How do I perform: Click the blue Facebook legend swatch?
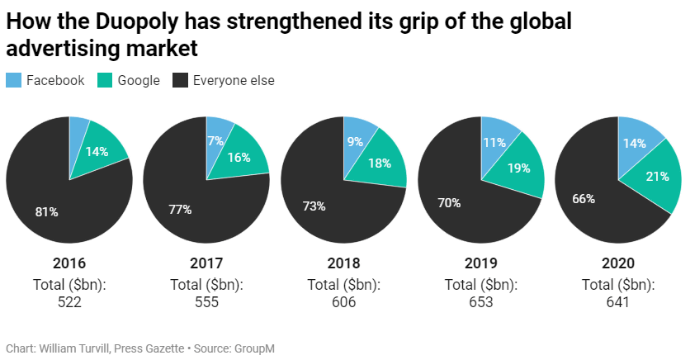coord(14,80)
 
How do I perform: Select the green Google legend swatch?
coord(105,80)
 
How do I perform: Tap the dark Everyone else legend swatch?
coord(180,80)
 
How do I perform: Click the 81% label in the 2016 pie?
coord(46,211)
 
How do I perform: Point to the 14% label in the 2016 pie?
coord(97,152)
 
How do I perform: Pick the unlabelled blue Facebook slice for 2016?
coord(78,132)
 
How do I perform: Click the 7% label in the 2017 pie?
coord(215,141)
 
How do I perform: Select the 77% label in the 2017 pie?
coord(181,210)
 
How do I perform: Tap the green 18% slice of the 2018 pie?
coord(381,163)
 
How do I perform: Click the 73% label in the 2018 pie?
coord(314,206)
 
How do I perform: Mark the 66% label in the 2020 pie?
coord(584,198)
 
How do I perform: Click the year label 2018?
coord(343,264)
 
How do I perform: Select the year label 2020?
coord(618,264)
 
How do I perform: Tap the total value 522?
coord(69,302)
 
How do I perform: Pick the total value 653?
coord(481,302)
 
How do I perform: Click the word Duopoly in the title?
coord(130,22)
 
